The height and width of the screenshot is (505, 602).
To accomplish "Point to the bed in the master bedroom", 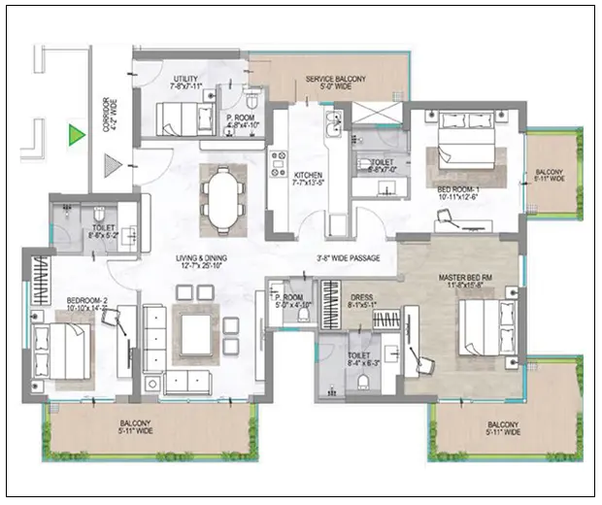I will coord(481,327).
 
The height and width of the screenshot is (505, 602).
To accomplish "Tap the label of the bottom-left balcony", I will coord(135,427).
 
